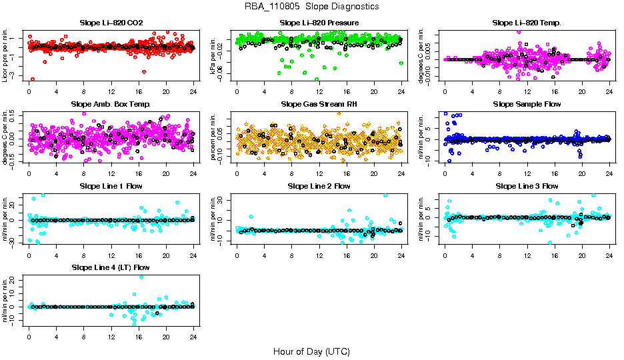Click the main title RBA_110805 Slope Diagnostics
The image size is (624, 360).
click(x=311, y=6)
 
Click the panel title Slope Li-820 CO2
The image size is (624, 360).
click(x=111, y=23)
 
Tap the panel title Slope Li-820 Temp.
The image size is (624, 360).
click(x=527, y=23)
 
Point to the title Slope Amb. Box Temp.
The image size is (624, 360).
click(x=111, y=104)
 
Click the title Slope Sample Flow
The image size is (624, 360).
click(x=527, y=104)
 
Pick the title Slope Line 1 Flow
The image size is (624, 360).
click(x=111, y=185)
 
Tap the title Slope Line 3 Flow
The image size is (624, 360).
click(x=527, y=185)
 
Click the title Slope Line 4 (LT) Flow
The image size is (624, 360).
click(x=111, y=267)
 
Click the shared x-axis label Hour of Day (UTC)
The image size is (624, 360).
click(x=311, y=351)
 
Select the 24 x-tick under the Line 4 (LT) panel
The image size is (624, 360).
click(x=193, y=335)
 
